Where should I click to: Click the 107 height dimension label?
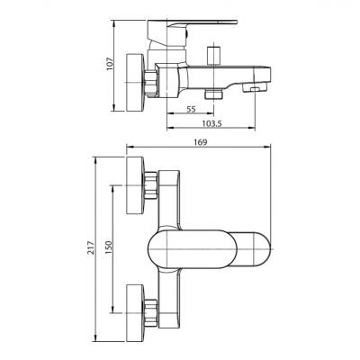tap(110, 64)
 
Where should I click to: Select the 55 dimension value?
tap(191, 110)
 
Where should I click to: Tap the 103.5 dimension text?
tap(211, 123)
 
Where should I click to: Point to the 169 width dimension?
tap(201, 142)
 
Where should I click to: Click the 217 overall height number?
tap(91, 247)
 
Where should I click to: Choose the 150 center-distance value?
tap(108, 247)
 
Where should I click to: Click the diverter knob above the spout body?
tap(214, 55)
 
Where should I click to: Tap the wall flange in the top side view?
tap(134, 83)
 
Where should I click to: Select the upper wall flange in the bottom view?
tap(135, 185)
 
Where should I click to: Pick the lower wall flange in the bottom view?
tap(135, 313)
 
